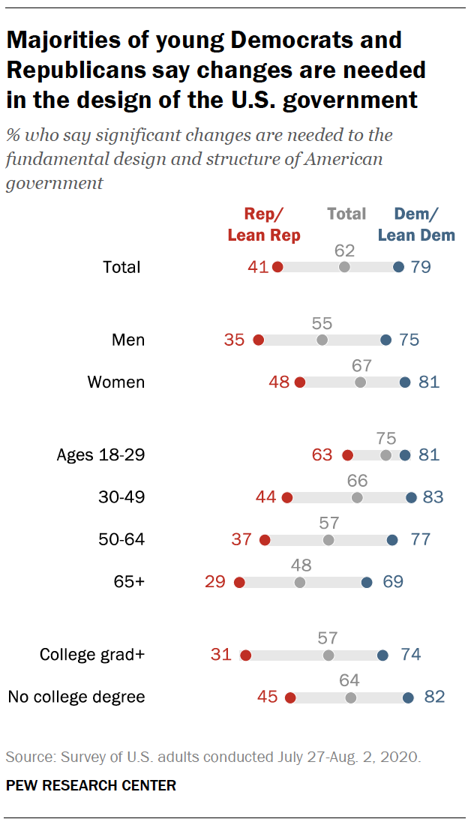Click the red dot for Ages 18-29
347,454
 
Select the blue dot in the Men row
385,340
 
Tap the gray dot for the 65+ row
300,581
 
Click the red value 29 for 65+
214,581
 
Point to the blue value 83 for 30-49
433,496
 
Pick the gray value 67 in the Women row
362,365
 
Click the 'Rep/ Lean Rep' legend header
263,224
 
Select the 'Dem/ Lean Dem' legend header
416,224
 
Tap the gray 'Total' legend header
346,214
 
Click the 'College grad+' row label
91,655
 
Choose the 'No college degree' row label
76,697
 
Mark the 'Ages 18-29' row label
100,454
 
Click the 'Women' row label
115,382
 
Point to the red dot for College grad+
245,655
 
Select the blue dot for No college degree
408,697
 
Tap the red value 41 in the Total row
258,267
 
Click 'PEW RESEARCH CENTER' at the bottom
91,785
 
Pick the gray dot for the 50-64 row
328,539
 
